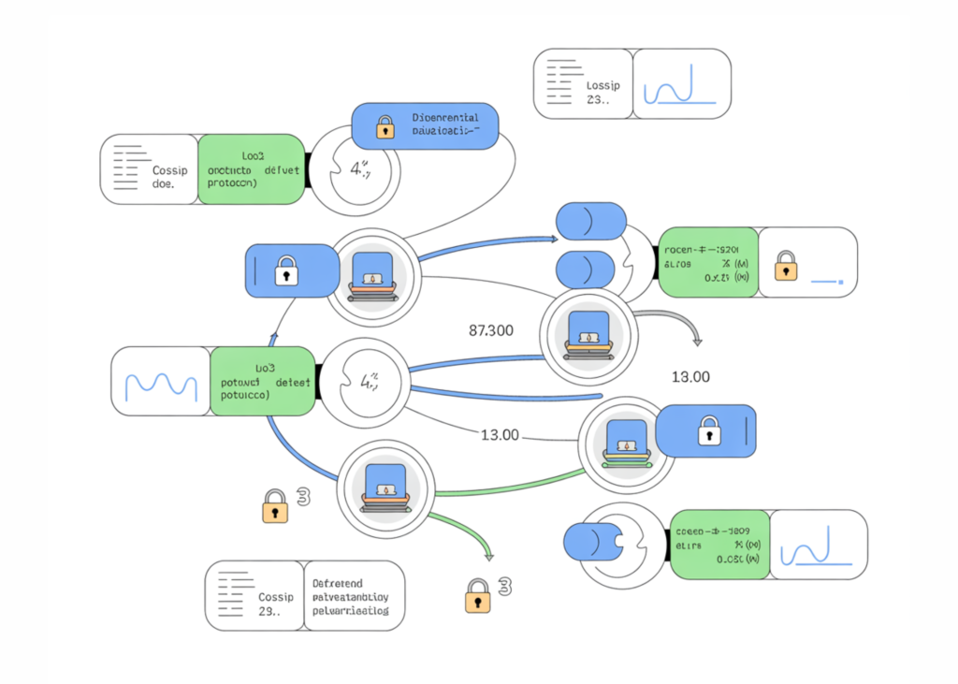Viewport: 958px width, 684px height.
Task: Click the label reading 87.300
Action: click(x=489, y=330)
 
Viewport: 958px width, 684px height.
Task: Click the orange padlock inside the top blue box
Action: click(x=385, y=129)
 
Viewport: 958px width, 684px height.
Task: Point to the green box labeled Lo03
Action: click(x=263, y=382)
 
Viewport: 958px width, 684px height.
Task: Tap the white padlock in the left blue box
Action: click(x=285, y=273)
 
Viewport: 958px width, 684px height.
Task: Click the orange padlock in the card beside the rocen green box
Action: click(x=785, y=265)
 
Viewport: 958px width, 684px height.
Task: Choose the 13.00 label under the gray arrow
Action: click(x=690, y=377)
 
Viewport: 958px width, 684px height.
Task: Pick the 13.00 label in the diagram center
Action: click(x=500, y=435)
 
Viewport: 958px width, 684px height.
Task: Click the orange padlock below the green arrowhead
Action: click(x=478, y=595)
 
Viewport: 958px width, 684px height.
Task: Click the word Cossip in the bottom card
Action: click(x=276, y=597)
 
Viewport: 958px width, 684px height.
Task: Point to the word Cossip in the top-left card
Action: click(x=170, y=170)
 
